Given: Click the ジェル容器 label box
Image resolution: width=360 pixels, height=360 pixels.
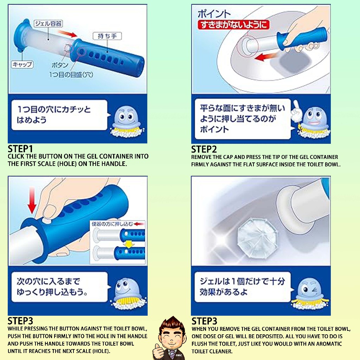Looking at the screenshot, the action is pyautogui.click(x=48, y=24).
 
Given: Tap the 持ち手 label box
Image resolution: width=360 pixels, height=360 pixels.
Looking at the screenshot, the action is pyautogui.click(x=107, y=36).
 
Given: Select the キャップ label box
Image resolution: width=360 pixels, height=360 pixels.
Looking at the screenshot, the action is pyautogui.click(x=22, y=65).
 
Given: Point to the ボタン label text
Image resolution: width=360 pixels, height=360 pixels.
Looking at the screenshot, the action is pyautogui.click(x=60, y=65).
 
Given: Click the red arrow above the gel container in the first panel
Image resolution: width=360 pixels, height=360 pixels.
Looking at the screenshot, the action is pyautogui.click(x=68, y=34).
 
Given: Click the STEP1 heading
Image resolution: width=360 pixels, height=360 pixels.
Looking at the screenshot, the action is pyautogui.click(x=20, y=149).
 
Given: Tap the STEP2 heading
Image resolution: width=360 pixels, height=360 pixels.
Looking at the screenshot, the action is pyautogui.click(x=204, y=149).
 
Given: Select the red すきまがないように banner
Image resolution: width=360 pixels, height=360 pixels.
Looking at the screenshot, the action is pyautogui.click(x=233, y=25).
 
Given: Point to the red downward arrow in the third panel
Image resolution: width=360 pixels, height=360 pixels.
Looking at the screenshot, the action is pyautogui.click(x=32, y=200).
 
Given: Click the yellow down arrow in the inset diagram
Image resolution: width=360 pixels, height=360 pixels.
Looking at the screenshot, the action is pyautogui.click(x=129, y=244).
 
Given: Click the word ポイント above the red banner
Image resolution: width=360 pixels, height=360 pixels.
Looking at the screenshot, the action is pyautogui.click(x=214, y=14).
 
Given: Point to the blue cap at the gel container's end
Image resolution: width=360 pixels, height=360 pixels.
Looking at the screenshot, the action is pyautogui.click(x=22, y=35).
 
